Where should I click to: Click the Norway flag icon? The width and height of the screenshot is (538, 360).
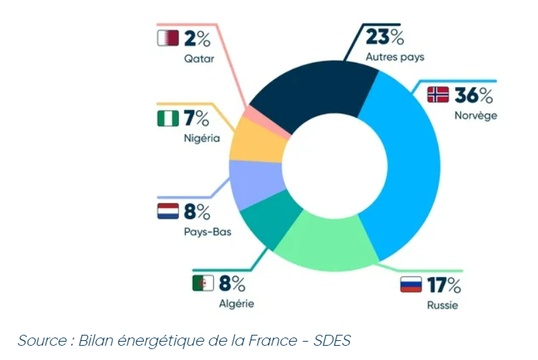[x=438, y=95]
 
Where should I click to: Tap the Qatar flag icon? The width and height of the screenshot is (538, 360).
[x=168, y=38]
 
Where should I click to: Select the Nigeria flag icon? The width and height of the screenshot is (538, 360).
[x=168, y=118]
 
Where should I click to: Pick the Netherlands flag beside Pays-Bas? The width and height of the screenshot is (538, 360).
[x=168, y=212]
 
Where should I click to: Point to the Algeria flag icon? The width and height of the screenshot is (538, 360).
[x=203, y=282]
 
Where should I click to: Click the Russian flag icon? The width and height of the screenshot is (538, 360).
[x=411, y=284]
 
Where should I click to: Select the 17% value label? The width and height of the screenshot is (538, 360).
[x=444, y=284]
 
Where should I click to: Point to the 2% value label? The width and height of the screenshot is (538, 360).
[x=198, y=38]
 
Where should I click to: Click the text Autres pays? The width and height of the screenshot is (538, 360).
[x=395, y=57]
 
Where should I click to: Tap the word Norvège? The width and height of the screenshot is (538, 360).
[x=475, y=115]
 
